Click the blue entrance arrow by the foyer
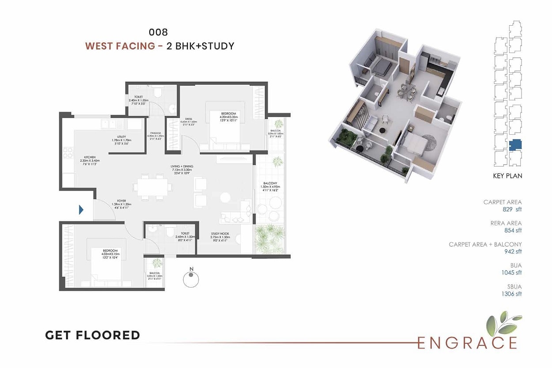81,210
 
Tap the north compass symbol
190,278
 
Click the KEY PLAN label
507,176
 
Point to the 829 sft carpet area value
512,209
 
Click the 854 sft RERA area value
512,230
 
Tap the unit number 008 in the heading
159,32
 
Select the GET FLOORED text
92,335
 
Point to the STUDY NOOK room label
219,234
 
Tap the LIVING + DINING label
182,166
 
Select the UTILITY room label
122,137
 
